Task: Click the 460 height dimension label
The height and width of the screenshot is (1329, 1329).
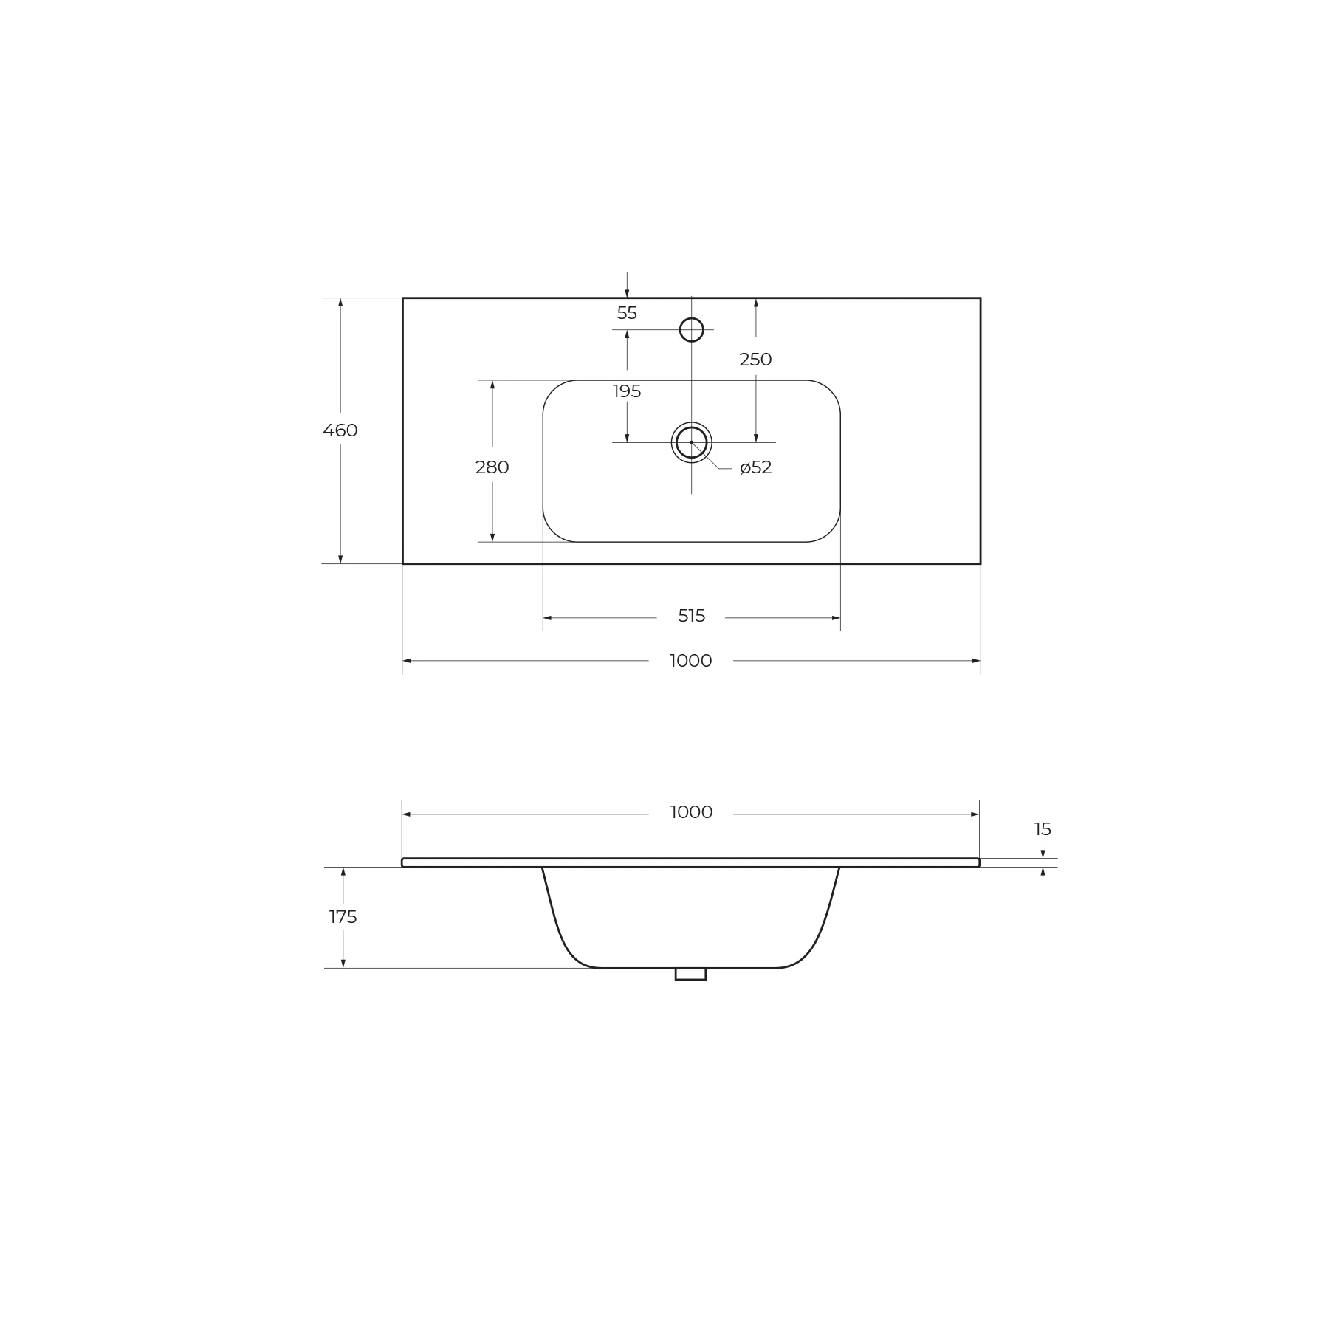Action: click(x=340, y=430)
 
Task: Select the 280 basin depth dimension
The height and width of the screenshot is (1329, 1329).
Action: click(x=492, y=467)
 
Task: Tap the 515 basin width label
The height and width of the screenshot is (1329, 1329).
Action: click(x=692, y=616)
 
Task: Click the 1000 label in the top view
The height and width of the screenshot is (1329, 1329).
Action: click(x=691, y=661)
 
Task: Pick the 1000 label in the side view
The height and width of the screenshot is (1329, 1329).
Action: click(x=691, y=812)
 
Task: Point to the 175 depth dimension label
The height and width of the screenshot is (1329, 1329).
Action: click(x=343, y=917)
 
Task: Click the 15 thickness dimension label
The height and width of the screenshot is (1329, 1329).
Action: click(x=1043, y=829)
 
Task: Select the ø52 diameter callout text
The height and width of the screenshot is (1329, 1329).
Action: click(x=756, y=467)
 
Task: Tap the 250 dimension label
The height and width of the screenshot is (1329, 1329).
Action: click(x=755, y=360)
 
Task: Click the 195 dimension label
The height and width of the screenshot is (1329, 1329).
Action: click(x=627, y=391)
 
